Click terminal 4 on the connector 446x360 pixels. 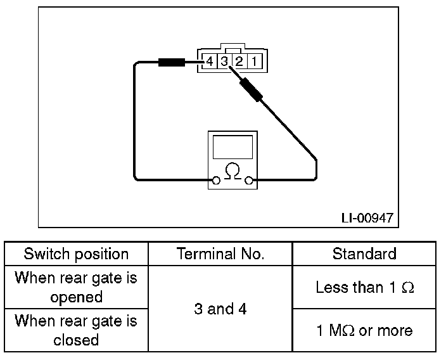210,61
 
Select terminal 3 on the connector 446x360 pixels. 224,61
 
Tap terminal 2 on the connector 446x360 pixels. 239,61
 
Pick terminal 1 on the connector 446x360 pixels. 255,61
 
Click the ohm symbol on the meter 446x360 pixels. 233,171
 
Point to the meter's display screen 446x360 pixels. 233,147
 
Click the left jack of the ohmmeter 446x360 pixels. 216,181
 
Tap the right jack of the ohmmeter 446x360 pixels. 249,181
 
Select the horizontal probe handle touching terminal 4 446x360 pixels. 172,62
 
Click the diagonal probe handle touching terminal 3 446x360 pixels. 251,89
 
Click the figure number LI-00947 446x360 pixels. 367,218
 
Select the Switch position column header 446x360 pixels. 76,254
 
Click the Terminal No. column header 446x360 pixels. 220,254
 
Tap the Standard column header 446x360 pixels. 364,254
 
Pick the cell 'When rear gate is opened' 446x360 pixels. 76,287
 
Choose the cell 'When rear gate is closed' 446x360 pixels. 76,330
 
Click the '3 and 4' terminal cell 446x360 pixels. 220,309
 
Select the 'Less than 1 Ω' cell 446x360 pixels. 365,287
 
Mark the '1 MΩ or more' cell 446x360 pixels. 364,330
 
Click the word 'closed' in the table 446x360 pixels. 76,340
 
